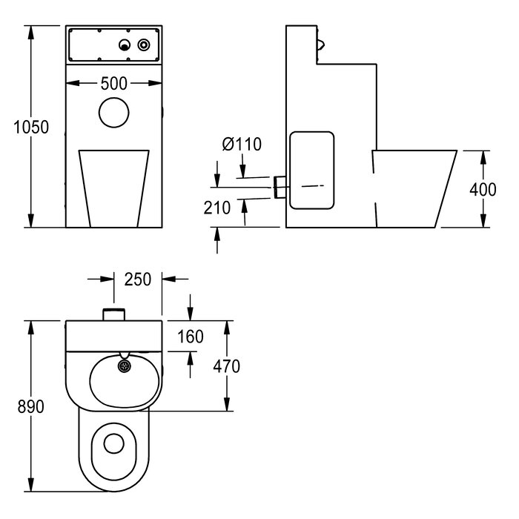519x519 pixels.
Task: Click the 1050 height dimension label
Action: (31, 128)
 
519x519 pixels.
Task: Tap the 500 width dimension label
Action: (113, 83)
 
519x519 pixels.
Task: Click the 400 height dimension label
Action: (483, 189)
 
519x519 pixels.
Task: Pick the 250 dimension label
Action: (138, 280)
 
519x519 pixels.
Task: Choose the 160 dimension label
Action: (191, 337)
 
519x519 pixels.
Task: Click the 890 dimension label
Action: (31, 406)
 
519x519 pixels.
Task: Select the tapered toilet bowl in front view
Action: (113, 185)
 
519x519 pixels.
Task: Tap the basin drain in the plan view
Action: (122, 364)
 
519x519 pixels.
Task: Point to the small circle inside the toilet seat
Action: (113, 443)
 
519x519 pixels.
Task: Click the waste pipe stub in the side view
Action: (280, 186)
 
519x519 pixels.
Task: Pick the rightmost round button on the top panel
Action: (143, 46)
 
